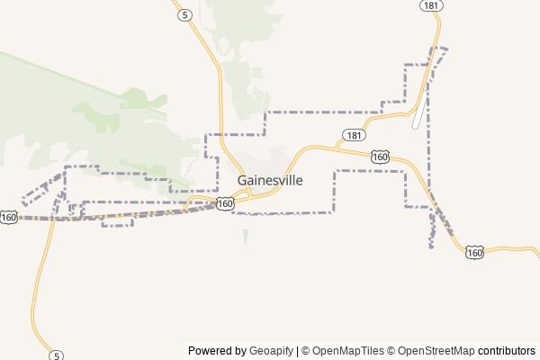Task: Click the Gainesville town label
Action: pyautogui.click(x=270, y=180)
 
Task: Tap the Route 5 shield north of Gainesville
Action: pyautogui.click(x=184, y=15)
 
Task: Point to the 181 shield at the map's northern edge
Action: pyautogui.click(x=430, y=5)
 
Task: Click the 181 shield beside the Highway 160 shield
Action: pyautogui.click(x=353, y=136)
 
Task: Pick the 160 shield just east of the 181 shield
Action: pyautogui.click(x=380, y=157)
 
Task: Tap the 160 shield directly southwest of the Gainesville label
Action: pyautogui.click(x=225, y=204)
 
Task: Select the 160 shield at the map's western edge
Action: pyautogui.click(x=9, y=217)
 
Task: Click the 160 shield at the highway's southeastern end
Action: pyautogui.click(x=475, y=253)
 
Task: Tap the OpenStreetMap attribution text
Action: pyautogui.click(x=436, y=351)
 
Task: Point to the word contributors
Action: pyautogui.click(x=506, y=351)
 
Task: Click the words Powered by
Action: pyautogui.click(x=217, y=351)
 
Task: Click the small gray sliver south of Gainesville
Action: pyautogui.click(x=245, y=237)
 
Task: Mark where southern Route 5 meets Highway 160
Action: pyautogui.click(x=52, y=218)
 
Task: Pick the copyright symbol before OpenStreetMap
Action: pyautogui.click(x=391, y=351)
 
